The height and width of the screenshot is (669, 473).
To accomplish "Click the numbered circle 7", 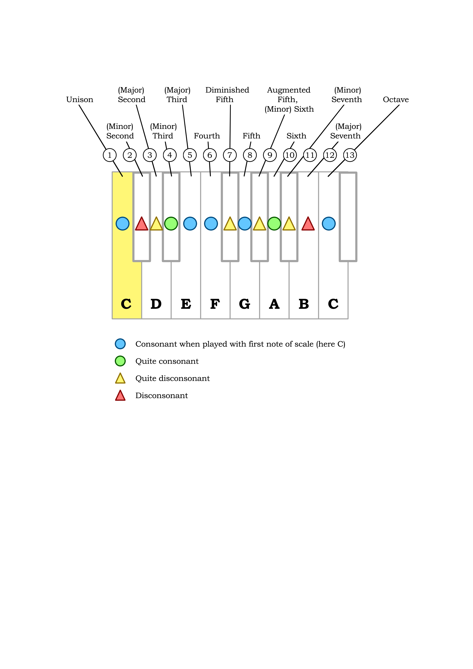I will pos(230,155).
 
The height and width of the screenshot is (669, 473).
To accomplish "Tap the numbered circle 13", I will pos(350,155).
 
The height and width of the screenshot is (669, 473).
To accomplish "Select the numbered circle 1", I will pos(110,155).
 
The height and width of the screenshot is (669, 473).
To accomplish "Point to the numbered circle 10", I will pos(290,155).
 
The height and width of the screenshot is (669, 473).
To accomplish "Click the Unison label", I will pos(80,100).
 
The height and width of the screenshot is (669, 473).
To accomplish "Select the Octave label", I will pos(395,100).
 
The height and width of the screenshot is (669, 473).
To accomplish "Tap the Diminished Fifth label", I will pos(227,95).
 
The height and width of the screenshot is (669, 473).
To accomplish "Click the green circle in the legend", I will pos(120,361).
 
